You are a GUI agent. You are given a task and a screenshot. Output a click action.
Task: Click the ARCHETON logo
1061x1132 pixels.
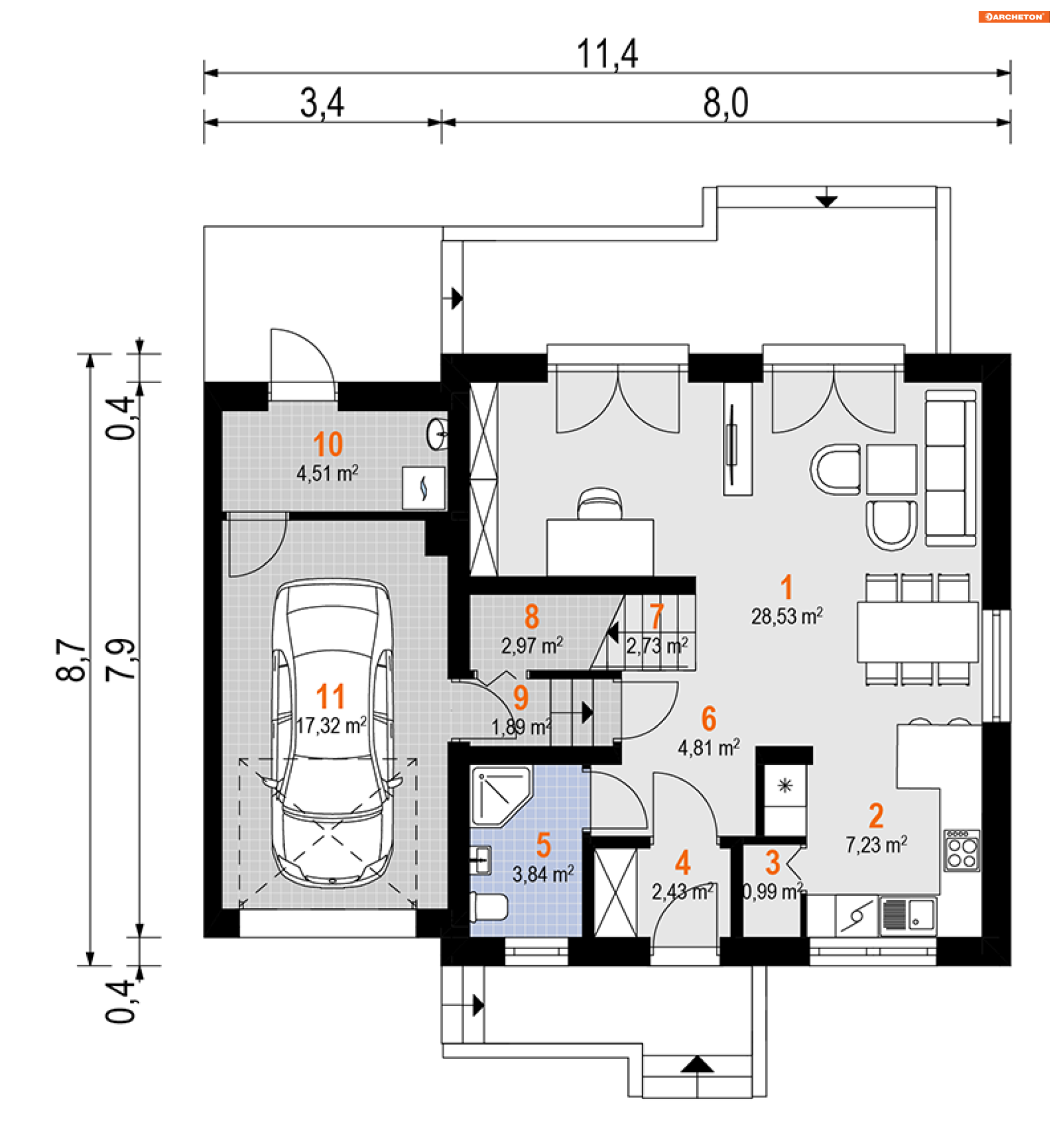(x=1013, y=17)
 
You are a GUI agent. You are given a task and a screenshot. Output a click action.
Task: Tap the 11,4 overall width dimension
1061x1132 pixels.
(x=607, y=54)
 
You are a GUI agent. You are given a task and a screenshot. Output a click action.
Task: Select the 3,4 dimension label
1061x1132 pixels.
(x=322, y=103)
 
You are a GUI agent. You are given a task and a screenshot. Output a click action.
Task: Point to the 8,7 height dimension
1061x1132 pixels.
(x=71, y=659)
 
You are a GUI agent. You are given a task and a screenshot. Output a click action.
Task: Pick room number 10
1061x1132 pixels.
(x=328, y=443)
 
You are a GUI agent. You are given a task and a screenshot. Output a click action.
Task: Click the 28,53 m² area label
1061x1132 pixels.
(x=786, y=617)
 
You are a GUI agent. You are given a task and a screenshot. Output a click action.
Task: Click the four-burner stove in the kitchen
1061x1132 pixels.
(x=962, y=851)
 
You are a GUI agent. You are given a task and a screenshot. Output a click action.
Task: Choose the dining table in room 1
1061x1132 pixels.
(x=917, y=632)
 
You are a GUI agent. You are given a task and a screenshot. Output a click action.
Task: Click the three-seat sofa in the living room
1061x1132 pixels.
(x=950, y=468)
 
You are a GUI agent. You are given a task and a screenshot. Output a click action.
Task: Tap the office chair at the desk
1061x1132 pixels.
(x=600, y=503)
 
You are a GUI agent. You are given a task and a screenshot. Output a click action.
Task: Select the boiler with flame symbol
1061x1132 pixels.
(x=423, y=488)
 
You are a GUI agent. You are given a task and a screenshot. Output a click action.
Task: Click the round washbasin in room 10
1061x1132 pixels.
(x=437, y=435)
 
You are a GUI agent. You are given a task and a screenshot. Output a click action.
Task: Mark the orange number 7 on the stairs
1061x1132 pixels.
(x=656, y=616)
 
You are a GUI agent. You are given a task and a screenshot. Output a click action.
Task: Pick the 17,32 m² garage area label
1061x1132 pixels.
(x=331, y=725)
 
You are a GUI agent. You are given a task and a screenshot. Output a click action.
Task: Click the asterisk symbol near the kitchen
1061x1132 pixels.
(x=785, y=786)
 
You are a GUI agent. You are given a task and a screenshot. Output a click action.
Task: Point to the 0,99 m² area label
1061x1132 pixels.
(x=773, y=891)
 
